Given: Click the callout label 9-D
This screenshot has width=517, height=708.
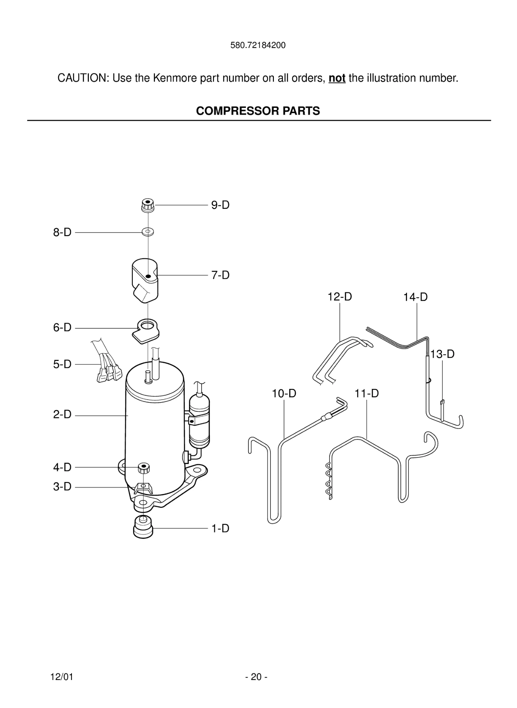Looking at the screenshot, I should [x=220, y=205].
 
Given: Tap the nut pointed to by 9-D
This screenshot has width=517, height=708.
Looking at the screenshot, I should [x=148, y=205].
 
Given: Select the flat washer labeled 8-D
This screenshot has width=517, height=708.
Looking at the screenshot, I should [x=148, y=231].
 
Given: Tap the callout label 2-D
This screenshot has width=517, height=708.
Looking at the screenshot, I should [x=62, y=414].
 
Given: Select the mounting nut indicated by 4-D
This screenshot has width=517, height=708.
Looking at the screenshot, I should [x=144, y=468].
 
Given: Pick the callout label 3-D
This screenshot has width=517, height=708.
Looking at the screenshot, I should [x=62, y=486].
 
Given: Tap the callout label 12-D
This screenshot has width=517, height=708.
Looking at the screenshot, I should [x=340, y=297].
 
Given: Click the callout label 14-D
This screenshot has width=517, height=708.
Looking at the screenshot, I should [x=415, y=297].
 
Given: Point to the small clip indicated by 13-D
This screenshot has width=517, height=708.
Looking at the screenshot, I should [x=442, y=402].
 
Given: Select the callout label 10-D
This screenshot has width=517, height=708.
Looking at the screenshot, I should [x=284, y=393].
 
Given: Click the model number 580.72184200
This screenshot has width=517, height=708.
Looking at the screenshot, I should [x=258, y=45].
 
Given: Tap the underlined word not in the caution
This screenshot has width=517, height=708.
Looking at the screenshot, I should [x=337, y=78].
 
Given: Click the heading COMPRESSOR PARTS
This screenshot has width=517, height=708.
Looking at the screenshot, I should [x=258, y=111].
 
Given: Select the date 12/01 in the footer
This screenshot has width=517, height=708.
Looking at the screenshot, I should [x=62, y=677].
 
